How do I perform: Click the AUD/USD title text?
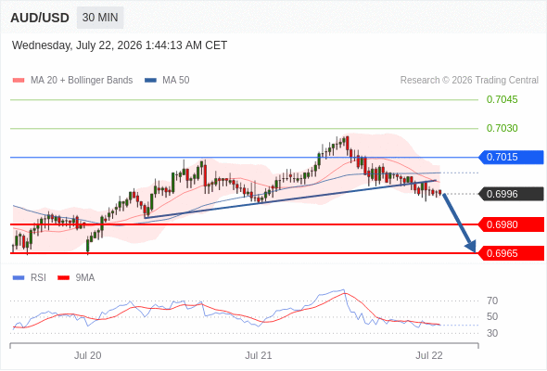40,18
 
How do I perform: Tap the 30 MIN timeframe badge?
100,18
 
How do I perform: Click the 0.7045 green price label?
502,99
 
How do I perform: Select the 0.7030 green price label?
502,128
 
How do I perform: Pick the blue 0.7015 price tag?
511,157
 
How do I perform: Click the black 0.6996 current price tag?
511,194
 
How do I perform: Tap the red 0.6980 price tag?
511,224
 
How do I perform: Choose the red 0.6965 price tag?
511,253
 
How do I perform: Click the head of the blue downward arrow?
472,247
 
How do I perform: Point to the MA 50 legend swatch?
150,81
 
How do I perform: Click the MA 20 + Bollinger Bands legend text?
82,81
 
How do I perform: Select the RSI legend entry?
30,278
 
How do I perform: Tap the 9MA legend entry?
76,278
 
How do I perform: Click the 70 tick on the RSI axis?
492,301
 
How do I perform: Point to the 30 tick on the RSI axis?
492,333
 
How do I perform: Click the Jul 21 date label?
258,355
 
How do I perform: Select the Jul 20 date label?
87,355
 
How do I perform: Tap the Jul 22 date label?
429,355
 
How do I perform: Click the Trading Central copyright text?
469,81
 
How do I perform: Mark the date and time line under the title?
120,45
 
